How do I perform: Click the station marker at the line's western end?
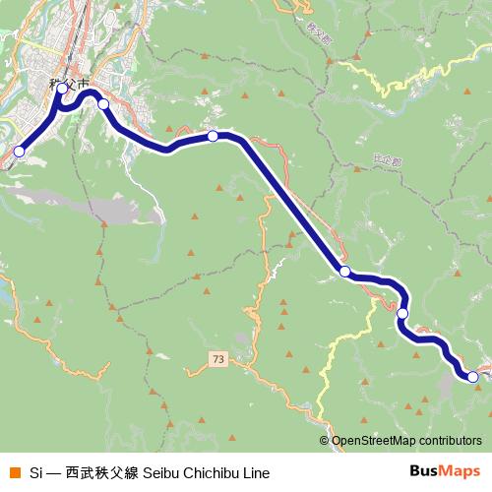(x=19, y=152)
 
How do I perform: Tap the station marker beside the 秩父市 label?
(x=62, y=90)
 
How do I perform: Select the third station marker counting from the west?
(x=102, y=104)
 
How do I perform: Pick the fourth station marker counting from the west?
(x=213, y=136)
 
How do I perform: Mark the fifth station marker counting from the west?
(x=345, y=271)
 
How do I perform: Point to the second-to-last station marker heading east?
(x=402, y=313)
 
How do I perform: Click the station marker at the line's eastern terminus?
(x=472, y=376)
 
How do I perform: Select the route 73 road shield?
(x=217, y=361)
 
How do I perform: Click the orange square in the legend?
(x=14, y=472)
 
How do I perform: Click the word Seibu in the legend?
(x=161, y=472)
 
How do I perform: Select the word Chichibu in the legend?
(x=212, y=472)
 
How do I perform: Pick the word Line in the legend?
(x=255, y=472)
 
